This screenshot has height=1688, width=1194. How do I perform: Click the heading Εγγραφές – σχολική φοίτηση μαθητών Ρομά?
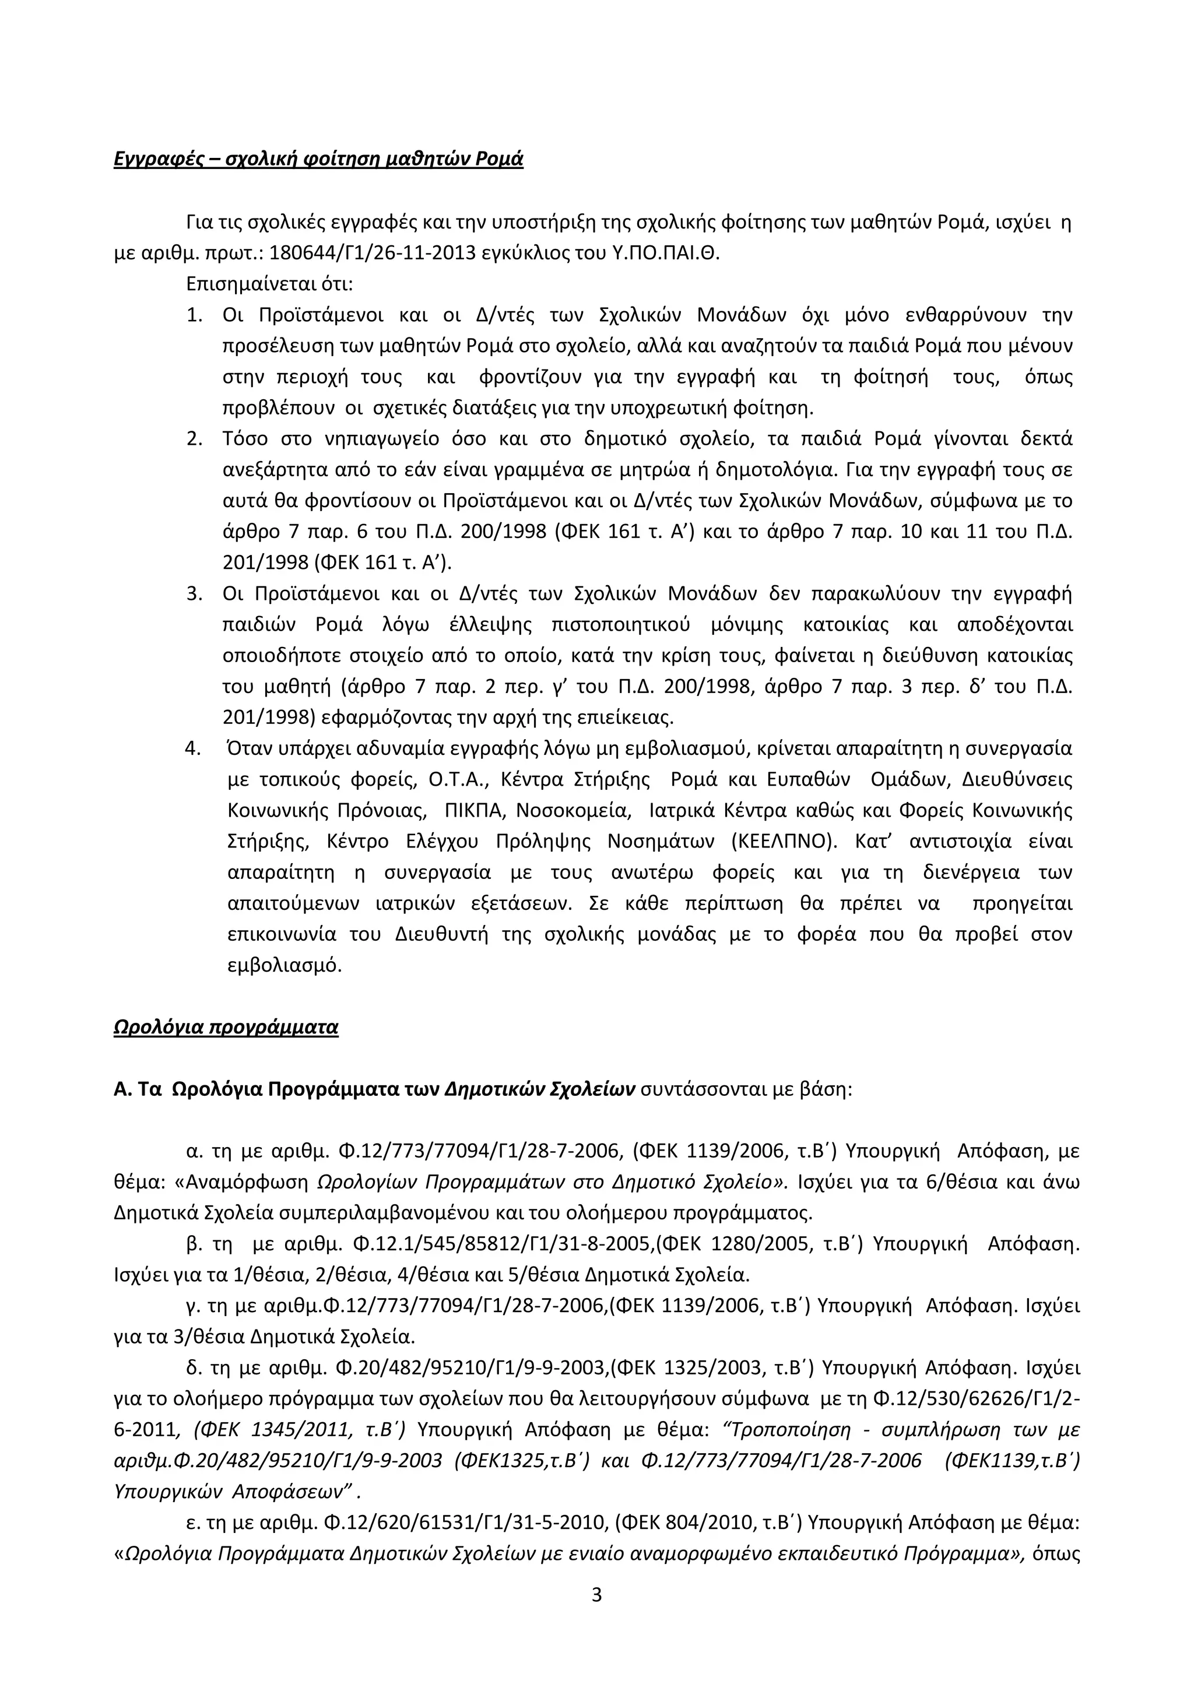tap(318, 160)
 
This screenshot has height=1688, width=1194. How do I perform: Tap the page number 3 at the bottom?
tap(596, 1595)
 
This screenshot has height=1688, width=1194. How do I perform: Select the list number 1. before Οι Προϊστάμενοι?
tap(194, 315)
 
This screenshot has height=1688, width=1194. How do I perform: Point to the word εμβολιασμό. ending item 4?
tap(285, 965)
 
